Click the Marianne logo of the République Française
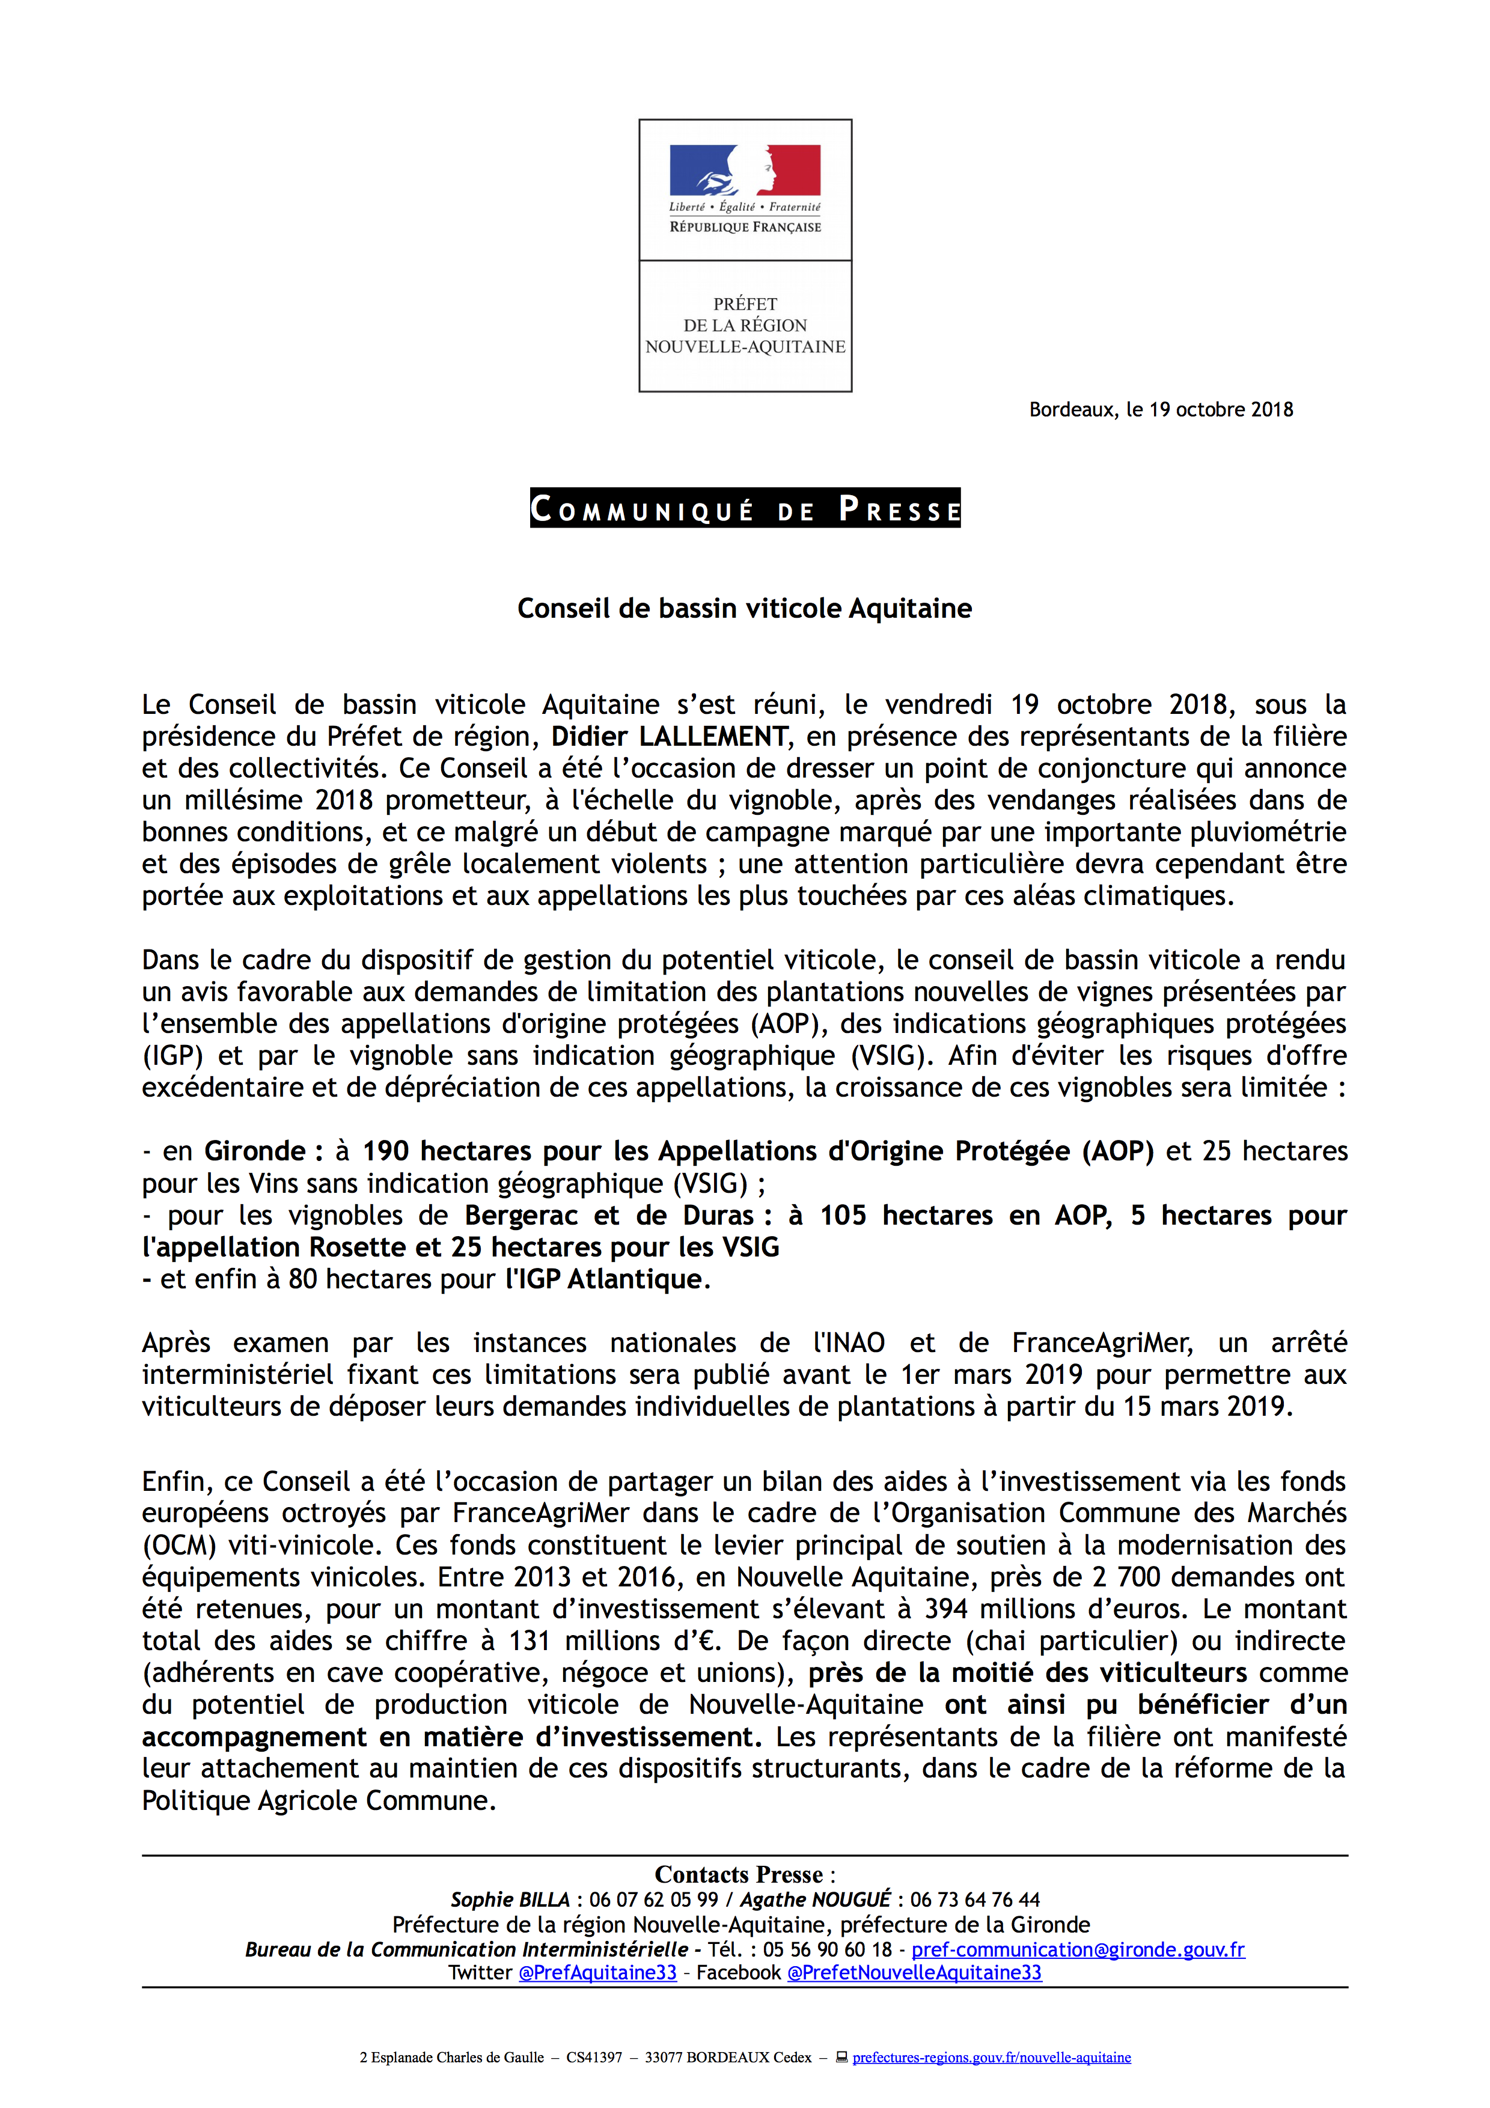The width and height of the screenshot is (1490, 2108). coord(745,170)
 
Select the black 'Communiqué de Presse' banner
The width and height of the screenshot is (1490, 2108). coord(745,508)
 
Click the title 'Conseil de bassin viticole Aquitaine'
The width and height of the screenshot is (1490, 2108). coord(745,609)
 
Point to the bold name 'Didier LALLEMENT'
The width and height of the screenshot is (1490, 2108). coord(669,736)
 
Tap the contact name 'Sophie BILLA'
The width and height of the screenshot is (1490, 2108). coord(510,1899)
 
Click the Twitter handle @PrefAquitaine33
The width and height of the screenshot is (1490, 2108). coord(597,1973)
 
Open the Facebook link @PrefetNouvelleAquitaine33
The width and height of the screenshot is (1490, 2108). coord(914,1973)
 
